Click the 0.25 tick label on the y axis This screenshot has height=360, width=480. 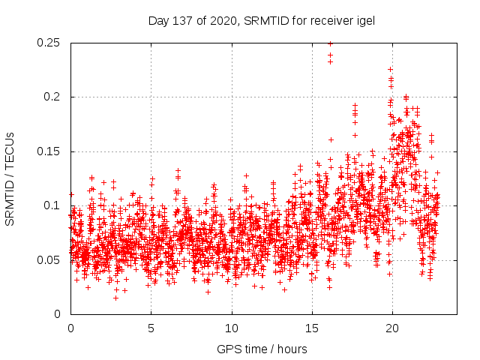49,43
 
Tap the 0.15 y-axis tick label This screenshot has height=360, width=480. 49,151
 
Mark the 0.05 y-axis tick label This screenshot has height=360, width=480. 49,260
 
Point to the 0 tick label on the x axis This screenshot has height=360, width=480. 70,328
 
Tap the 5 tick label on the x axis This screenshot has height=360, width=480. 151,328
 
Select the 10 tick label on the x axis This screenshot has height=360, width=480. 232,328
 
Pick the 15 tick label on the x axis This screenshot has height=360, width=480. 312,328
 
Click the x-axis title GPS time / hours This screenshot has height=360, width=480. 262,349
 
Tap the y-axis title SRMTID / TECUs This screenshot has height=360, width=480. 10,178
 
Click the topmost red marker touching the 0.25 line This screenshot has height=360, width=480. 330,43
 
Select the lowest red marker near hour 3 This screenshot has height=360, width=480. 115,298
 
